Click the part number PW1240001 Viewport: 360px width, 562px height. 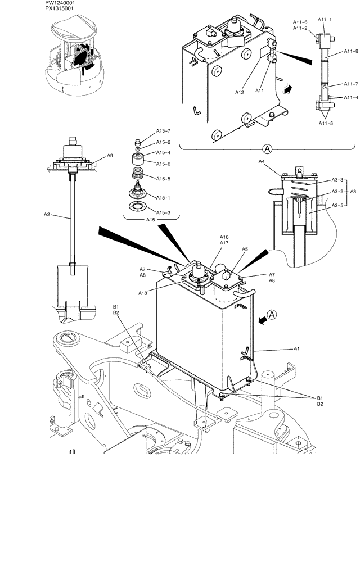point(61,3)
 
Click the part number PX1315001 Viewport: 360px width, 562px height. point(61,9)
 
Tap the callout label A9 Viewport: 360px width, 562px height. point(110,156)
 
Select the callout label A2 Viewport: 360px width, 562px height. point(47,214)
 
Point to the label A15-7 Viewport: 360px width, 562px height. point(163,131)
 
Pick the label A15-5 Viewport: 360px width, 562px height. point(163,179)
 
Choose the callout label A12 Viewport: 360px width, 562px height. point(239,92)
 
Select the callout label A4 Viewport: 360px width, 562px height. point(262,162)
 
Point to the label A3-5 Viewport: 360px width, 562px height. point(338,205)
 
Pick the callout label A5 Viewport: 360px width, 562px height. point(245,248)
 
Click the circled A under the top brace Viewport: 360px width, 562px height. point(268,149)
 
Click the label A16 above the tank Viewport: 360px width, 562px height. point(224,237)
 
